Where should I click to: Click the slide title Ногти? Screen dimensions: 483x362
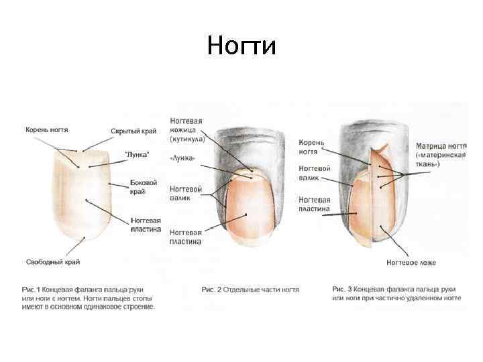tap(241, 46)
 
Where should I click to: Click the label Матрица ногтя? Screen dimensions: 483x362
tap(441, 145)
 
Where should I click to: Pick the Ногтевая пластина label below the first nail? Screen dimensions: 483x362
tap(146, 223)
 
